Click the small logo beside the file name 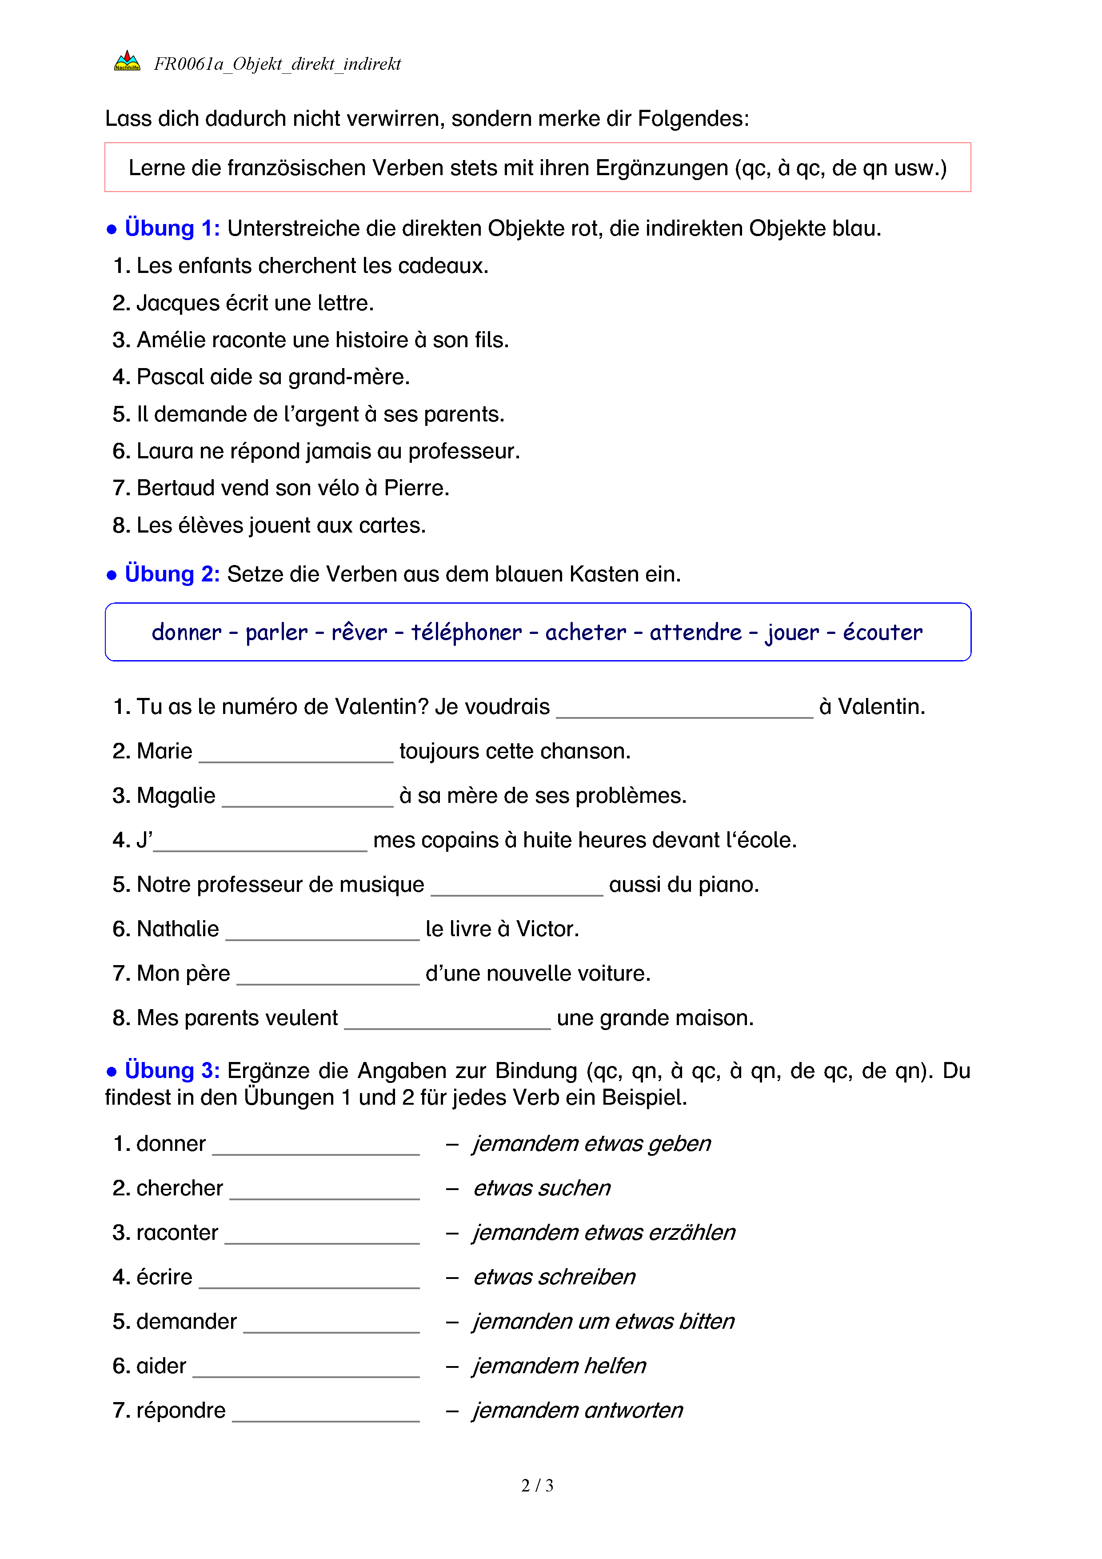pyautogui.click(x=127, y=62)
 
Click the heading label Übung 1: pyautogui.click(x=172, y=228)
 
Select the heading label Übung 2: pyautogui.click(x=172, y=574)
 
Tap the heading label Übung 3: pyautogui.click(x=172, y=1071)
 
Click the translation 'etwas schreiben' pyautogui.click(x=554, y=1277)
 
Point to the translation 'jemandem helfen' pyautogui.click(x=559, y=1366)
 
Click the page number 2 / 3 pyautogui.click(x=537, y=1486)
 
